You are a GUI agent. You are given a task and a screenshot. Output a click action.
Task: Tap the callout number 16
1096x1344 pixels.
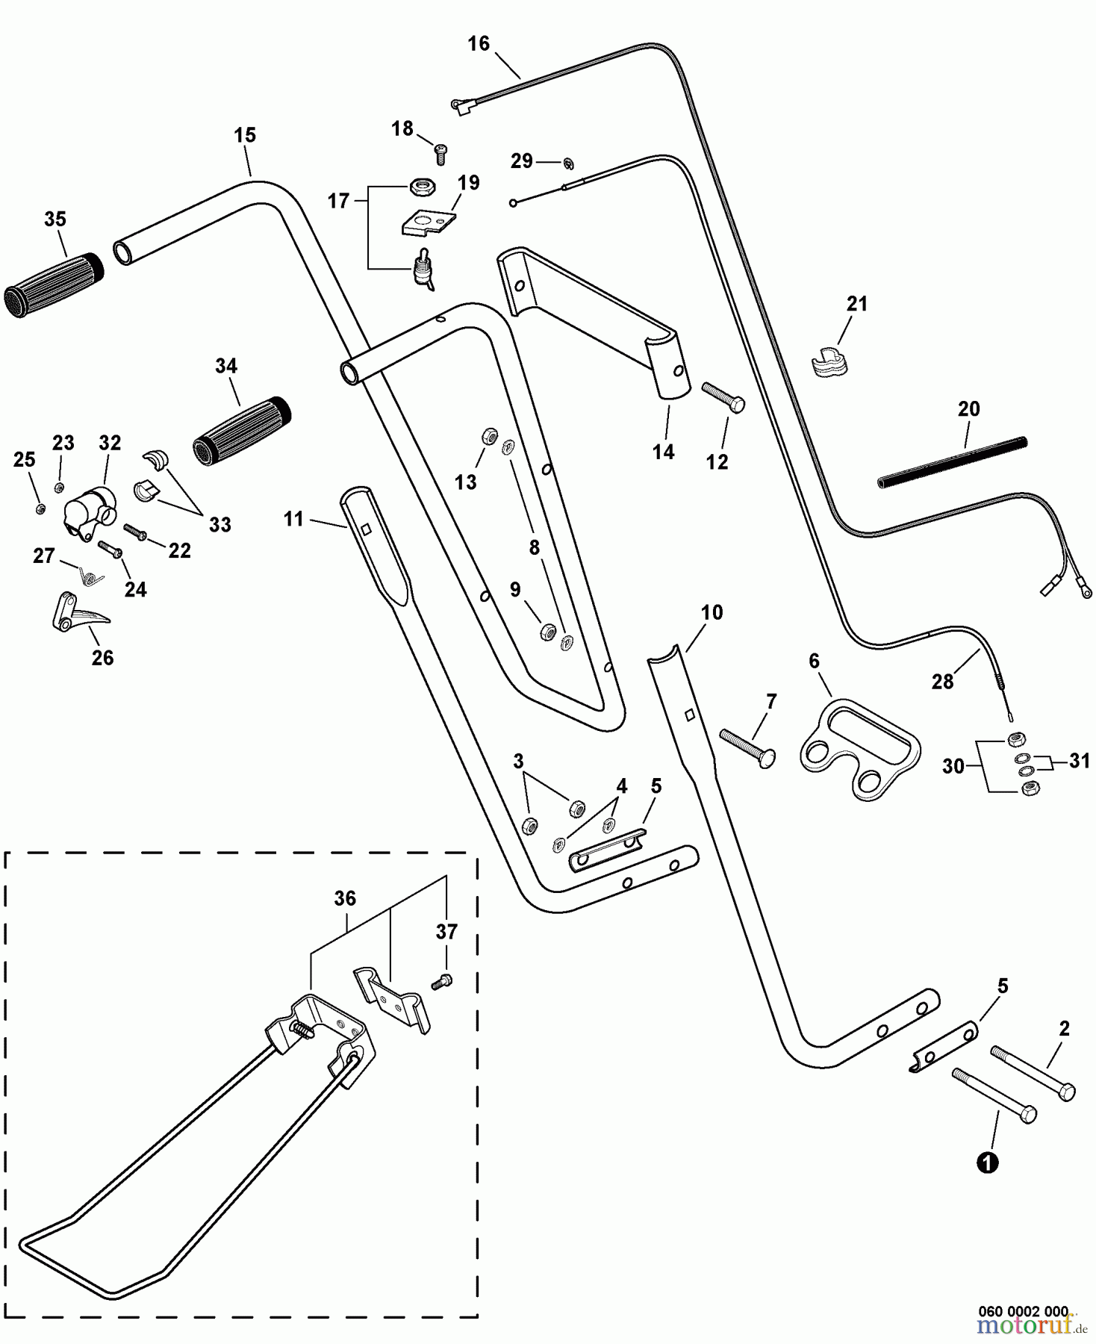coord(479,44)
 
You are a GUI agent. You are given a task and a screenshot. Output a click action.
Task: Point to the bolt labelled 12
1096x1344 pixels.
coord(723,396)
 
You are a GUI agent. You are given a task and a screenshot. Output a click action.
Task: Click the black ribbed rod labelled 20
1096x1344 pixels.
coord(952,462)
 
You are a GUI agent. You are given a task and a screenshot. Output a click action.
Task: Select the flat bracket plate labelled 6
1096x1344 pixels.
coord(859,749)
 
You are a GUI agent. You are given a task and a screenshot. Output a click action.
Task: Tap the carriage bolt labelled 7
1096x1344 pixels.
coord(747,747)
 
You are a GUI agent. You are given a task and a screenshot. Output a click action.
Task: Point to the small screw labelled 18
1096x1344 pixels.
coord(441,155)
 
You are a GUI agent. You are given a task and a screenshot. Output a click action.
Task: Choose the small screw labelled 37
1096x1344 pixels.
coord(442,982)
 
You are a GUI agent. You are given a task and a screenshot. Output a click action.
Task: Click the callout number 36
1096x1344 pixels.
coord(345,898)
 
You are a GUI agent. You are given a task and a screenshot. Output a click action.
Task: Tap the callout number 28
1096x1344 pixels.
coord(942,681)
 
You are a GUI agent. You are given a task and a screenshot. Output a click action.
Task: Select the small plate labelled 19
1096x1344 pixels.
coord(429,223)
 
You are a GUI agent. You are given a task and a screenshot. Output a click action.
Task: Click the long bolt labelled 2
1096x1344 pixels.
coord(1033,1073)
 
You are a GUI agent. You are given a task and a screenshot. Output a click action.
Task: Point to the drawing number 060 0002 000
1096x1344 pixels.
coord(1024,1311)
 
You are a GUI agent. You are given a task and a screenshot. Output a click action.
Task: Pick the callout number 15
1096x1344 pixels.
coord(245,135)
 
